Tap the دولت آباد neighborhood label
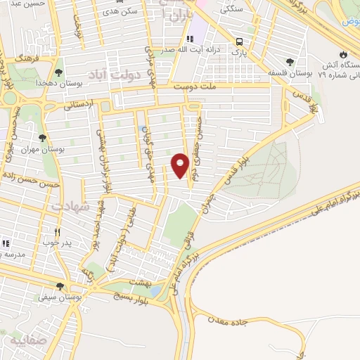(x=112, y=72)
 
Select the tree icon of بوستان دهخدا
(x=58, y=72)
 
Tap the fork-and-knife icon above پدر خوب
(x=58, y=231)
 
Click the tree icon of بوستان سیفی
(x=60, y=286)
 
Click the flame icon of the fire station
(x=342, y=53)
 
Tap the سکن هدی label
(x=120, y=12)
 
